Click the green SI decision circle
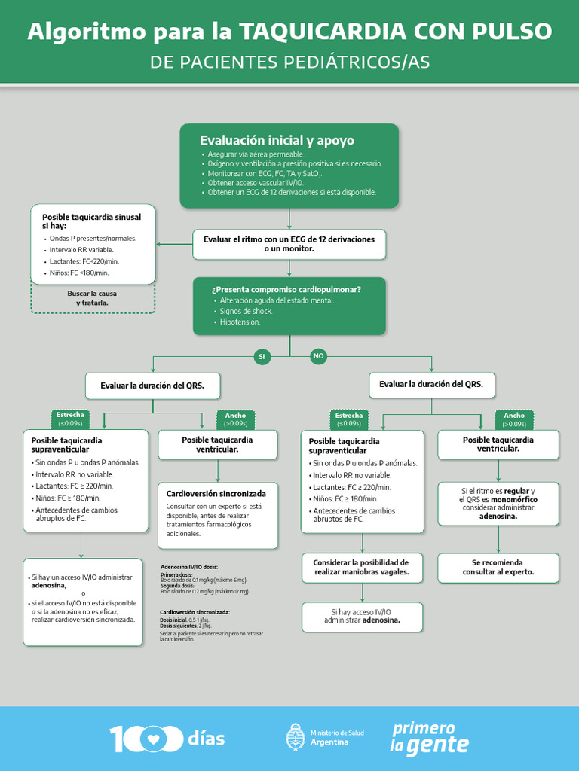pyautogui.click(x=262, y=356)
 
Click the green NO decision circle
pyautogui.click(x=319, y=356)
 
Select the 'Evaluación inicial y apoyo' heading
pyautogui.click(x=277, y=141)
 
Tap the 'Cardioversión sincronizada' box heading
pyautogui.click(x=216, y=494)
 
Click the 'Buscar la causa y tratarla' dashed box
pyautogui.click(x=92, y=297)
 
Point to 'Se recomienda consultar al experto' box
pyautogui.click(x=498, y=567)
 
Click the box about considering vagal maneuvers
pyautogui.click(x=362, y=567)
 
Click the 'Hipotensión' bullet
pyautogui.click(x=240, y=322)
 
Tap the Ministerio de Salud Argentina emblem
pyautogui.click(x=296, y=737)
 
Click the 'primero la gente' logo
pyautogui.click(x=429, y=737)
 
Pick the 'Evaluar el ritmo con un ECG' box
pyautogui.click(x=289, y=243)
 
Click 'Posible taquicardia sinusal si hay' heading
pyautogui.click(x=91, y=221)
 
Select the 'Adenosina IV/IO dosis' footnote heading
pyautogui.click(x=189, y=567)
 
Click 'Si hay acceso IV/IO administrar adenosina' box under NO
pyautogui.click(x=362, y=616)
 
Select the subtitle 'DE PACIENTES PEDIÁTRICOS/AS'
pyautogui.click(x=289, y=62)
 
